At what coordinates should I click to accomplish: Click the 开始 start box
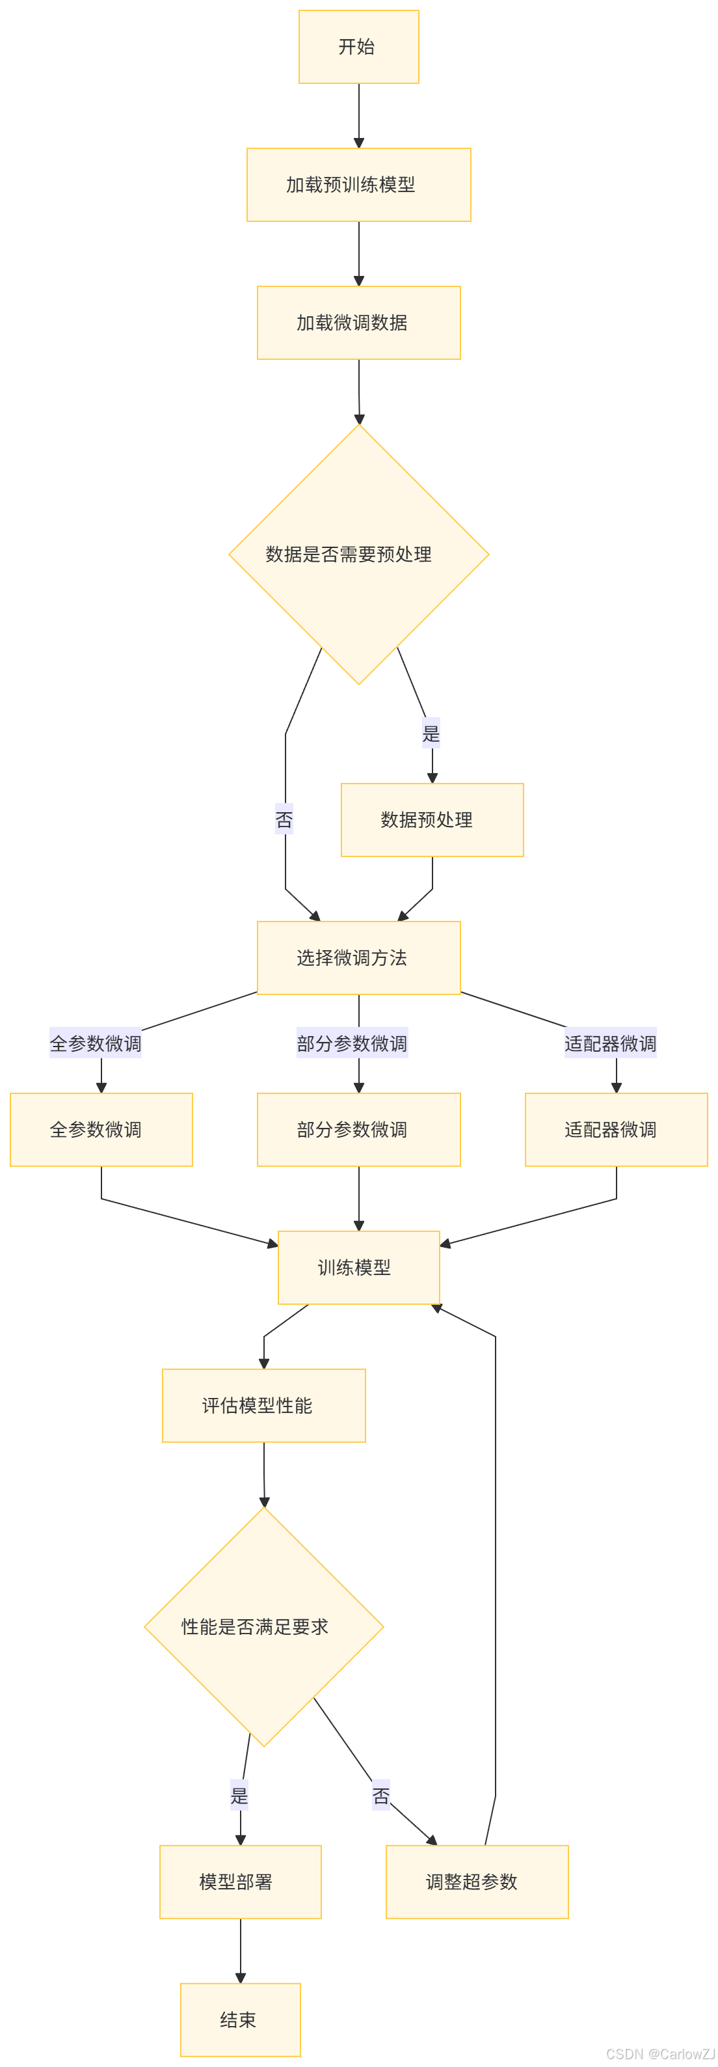pos(358,47)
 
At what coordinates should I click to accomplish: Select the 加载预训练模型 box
pos(358,185)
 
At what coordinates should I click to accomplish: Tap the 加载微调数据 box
pos(358,323)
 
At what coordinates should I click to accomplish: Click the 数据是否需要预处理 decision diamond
pos(358,554)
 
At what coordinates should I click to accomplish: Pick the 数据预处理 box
pos(432,819)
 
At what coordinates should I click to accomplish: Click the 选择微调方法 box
pos(358,957)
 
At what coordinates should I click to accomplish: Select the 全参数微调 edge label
pos(96,1043)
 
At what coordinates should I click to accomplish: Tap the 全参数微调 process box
pos(101,1129)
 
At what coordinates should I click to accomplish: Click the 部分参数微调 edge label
pos(352,1043)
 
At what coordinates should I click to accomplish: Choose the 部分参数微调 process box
pos(358,1129)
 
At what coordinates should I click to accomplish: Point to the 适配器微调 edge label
pos(611,1043)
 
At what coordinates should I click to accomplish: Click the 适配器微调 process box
pos(616,1129)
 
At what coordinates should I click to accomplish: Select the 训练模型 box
pos(358,1267)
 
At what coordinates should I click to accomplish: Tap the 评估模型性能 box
pos(264,1405)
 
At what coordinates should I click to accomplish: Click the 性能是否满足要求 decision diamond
pos(264,1626)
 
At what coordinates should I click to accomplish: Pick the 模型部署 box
pos(241,1882)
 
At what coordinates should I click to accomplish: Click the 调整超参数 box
pos(477,1882)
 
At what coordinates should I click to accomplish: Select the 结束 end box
pos(241,2019)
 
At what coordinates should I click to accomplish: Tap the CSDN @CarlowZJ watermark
pos(659,2053)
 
